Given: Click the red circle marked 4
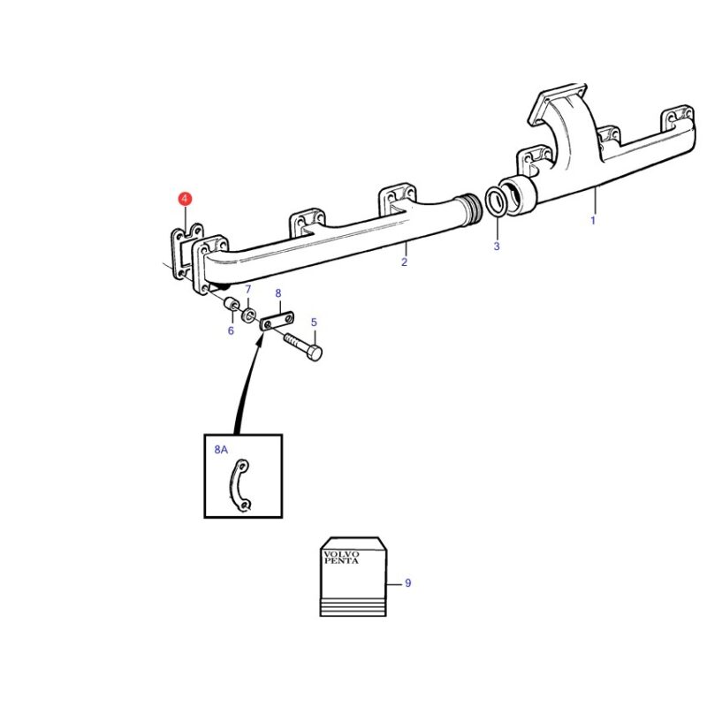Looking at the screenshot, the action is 185,199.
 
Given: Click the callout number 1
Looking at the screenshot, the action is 593,220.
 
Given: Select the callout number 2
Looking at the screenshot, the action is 404,262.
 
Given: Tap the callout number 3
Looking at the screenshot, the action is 497,247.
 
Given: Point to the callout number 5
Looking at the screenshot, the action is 314,323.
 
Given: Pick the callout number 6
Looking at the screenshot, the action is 231,331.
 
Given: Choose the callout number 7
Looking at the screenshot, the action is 248,290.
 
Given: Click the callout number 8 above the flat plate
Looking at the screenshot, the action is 278,293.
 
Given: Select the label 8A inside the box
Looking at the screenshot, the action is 221,450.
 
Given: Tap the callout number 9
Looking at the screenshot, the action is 408,583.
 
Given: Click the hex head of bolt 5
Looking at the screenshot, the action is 315,353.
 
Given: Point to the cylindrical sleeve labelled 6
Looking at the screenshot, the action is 232,305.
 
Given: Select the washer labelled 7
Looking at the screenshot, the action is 249,315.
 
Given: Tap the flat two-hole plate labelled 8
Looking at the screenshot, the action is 277,322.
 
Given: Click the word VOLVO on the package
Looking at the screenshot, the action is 341,554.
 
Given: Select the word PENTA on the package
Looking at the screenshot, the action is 341,561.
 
